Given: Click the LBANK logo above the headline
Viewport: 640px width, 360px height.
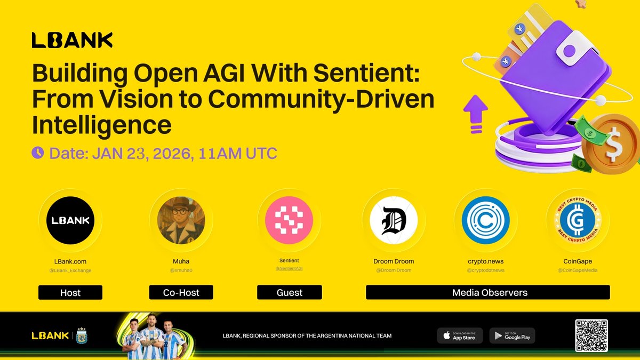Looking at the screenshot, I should [x=72, y=40].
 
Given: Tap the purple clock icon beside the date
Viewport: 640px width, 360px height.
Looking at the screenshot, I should [x=38, y=153].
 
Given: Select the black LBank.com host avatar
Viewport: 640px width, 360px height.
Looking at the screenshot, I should [x=70, y=220].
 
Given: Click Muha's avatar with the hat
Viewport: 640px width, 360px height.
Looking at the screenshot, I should [x=181, y=220].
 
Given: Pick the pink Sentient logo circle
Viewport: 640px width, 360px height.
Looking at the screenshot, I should [x=289, y=220].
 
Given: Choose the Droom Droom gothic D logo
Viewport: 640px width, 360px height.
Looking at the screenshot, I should [x=394, y=220].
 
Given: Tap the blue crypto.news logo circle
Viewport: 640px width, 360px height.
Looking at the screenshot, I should [x=485, y=220].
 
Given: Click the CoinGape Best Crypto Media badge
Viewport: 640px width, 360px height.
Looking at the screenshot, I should [x=578, y=220].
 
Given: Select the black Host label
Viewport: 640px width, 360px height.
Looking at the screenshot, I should [x=70, y=292].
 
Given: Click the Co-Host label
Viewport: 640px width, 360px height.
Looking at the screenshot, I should [x=181, y=292].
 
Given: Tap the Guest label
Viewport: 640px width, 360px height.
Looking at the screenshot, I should [x=290, y=292].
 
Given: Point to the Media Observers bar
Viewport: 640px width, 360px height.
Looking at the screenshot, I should [x=487, y=292].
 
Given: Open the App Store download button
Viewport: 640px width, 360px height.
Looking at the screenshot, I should [x=460, y=335].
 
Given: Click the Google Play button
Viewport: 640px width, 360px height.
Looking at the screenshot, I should [x=511, y=335].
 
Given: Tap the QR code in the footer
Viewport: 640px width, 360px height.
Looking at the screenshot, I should [x=591, y=335].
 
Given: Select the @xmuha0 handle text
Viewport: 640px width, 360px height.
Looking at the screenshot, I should [x=181, y=270].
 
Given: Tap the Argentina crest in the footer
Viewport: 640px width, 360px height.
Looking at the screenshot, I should [x=82, y=335].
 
